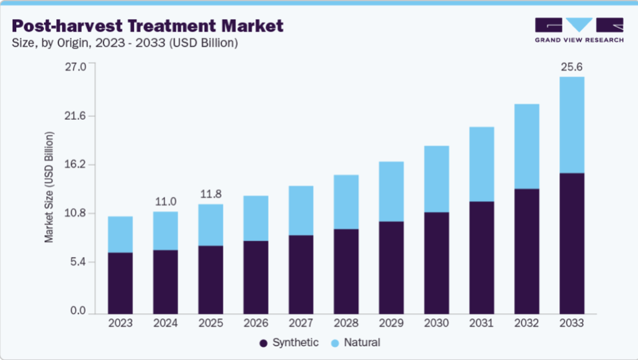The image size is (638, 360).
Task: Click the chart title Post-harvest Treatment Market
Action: [x=147, y=26]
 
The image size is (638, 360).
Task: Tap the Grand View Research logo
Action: [x=579, y=30]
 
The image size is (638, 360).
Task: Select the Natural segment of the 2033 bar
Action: [x=572, y=125]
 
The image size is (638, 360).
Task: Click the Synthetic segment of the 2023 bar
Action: [x=120, y=283]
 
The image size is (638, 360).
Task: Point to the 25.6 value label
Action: [x=572, y=66]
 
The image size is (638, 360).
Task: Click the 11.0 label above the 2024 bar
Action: [x=166, y=202]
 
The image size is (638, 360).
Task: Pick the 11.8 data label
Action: [x=211, y=194]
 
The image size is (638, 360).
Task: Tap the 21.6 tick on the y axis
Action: [x=75, y=116]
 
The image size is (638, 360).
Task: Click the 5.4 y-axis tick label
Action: [x=78, y=262]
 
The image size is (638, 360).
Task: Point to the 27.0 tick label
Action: [x=75, y=66]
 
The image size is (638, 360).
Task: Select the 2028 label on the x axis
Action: [x=346, y=323]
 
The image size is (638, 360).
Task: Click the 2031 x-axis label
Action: [x=482, y=323]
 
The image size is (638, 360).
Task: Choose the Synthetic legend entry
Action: [x=289, y=343]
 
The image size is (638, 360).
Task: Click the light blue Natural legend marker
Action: [x=335, y=343]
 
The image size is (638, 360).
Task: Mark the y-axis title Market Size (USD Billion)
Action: [x=49, y=187]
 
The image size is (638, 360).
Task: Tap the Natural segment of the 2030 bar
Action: [x=436, y=179]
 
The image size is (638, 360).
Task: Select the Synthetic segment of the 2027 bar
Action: [x=300, y=274]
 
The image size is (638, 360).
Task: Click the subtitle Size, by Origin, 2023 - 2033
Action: [x=125, y=43]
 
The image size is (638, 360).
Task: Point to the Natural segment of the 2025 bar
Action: [x=211, y=225]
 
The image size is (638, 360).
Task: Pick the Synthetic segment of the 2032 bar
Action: [x=526, y=251]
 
